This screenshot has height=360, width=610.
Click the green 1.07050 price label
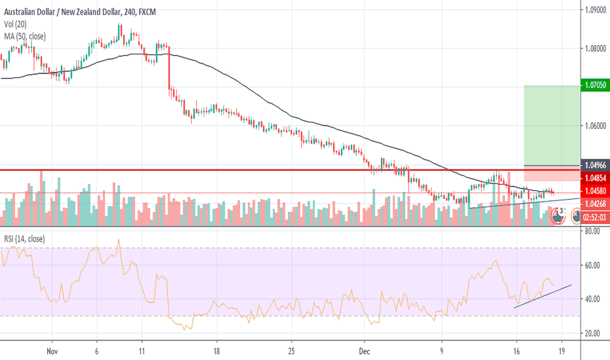[x=594, y=86]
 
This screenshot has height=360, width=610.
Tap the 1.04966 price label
[x=594, y=165]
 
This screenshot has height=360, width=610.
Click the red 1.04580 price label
[x=594, y=192]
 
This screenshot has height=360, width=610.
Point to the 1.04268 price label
[x=594, y=204]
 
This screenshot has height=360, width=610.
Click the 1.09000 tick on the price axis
[x=595, y=10]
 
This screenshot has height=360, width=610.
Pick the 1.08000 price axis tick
[x=595, y=48]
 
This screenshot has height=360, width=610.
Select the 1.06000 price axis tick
[x=595, y=126]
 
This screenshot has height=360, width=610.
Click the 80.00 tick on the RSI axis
[x=592, y=231]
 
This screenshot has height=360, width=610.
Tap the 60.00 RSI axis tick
[x=592, y=265]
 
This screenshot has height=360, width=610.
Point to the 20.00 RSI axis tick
[x=592, y=333]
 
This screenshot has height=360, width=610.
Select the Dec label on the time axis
[x=365, y=351]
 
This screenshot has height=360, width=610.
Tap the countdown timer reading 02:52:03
[x=594, y=217]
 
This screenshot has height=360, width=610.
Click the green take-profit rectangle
[x=552, y=124]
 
